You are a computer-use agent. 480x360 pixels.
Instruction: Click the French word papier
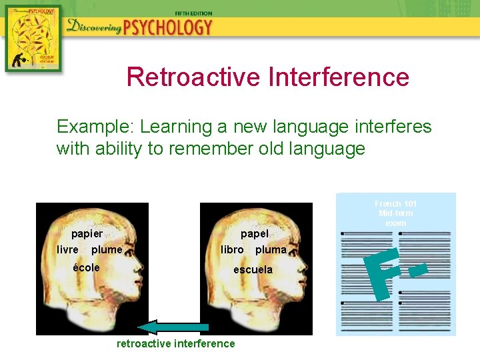click(x=87, y=234)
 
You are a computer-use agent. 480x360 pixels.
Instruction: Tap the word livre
click(x=68, y=250)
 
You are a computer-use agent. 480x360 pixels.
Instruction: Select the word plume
click(x=107, y=250)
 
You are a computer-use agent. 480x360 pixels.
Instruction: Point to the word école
click(x=87, y=267)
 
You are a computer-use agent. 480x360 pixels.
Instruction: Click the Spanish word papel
click(x=255, y=234)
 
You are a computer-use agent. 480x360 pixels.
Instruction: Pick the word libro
click(x=233, y=250)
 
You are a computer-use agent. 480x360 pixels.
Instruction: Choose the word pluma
click(x=271, y=250)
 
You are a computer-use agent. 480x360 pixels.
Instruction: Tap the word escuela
click(x=253, y=270)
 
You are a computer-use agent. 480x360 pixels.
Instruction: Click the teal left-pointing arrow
click(x=173, y=327)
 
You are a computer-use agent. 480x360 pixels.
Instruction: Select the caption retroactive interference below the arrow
click(x=176, y=344)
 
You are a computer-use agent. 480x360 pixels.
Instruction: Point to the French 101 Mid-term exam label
click(x=396, y=213)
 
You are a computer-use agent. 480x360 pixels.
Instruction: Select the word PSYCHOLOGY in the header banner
click(x=167, y=27)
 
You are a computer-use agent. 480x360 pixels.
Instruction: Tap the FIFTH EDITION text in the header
click(x=193, y=13)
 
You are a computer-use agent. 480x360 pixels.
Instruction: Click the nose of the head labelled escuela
click(x=309, y=274)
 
